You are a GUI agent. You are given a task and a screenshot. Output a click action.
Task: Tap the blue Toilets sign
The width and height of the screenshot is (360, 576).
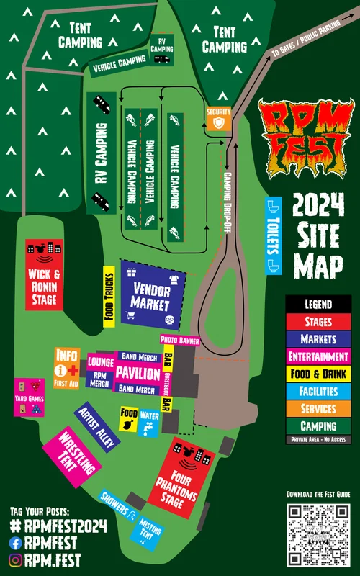274,235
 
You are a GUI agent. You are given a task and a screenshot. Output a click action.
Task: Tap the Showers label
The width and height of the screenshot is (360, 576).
117,505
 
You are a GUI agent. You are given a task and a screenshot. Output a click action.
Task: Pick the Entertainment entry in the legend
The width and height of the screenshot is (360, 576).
318,356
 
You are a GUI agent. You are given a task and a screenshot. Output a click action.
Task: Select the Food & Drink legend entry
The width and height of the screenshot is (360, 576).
318,374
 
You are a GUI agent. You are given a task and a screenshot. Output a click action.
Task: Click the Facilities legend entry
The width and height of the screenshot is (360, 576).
318,392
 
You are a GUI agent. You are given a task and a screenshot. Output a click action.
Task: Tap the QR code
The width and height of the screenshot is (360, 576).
318,534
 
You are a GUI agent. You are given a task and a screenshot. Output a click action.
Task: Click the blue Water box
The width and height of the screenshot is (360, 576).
150,421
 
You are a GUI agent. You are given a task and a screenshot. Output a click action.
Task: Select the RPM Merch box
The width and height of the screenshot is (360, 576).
101,379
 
